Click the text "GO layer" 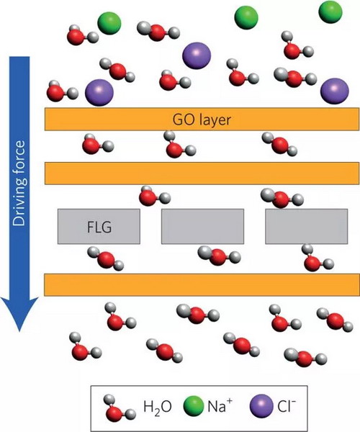tap(202, 120)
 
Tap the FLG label tap(99, 228)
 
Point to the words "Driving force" tap(19, 183)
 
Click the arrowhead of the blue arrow tap(19, 314)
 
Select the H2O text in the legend tap(157, 407)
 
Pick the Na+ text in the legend tap(220, 405)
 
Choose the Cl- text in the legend tap(287, 405)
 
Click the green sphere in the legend tap(194, 407)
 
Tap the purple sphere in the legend tap(261, 406)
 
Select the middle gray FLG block tap(203, 227)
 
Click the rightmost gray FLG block tap(307, 227)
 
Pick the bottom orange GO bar tap(202, 285)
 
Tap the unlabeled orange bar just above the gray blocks tap(202, 174)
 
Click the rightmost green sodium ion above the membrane tap(330, 12)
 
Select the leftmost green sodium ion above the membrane tap(109, 23)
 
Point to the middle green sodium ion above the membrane tap(246, 17)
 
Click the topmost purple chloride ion tap(197, 55)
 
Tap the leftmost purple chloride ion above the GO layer tap(99, 93)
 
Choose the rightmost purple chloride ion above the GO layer tap(335, 91)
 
